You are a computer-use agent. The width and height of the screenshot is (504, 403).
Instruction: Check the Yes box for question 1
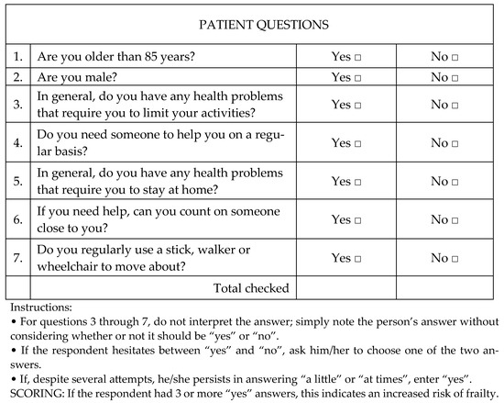click(x=359, y=57)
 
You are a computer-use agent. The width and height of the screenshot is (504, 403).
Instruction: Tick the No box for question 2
click(x=456, y=77)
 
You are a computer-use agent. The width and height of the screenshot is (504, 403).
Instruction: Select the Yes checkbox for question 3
click(x=359, y=106)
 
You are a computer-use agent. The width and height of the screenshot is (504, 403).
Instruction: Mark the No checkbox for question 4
click(x=456, y=143)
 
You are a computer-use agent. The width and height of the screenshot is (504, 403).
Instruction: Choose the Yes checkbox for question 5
click(x=359, y=181)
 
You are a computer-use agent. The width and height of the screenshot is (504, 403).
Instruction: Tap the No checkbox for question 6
click(x=456, y=219)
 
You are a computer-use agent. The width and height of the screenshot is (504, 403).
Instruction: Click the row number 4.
click(x=16, y=143)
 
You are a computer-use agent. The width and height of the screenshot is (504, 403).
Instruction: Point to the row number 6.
click(x=16, y=219)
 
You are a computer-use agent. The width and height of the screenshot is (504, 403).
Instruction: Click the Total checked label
click(x=251, y=287)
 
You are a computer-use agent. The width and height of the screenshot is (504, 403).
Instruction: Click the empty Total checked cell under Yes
click(x=346, y=287)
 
